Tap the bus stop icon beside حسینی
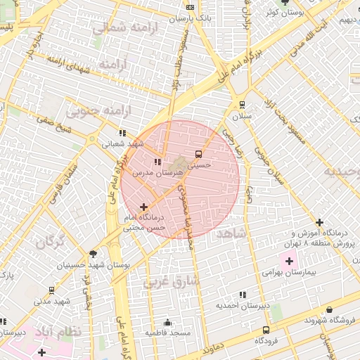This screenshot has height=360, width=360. pos(198,153)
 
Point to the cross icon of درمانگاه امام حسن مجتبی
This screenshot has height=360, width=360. pos(144,207)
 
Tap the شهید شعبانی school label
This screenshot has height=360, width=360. pos(122,143)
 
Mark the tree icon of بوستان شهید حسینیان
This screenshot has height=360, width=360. pos(94,254)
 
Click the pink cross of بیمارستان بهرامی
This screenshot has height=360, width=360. pos(289,262)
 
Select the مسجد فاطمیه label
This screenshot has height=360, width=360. pos(167,332)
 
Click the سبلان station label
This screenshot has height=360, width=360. pos(241,115)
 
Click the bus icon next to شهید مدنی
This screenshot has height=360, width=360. pos(51,290)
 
